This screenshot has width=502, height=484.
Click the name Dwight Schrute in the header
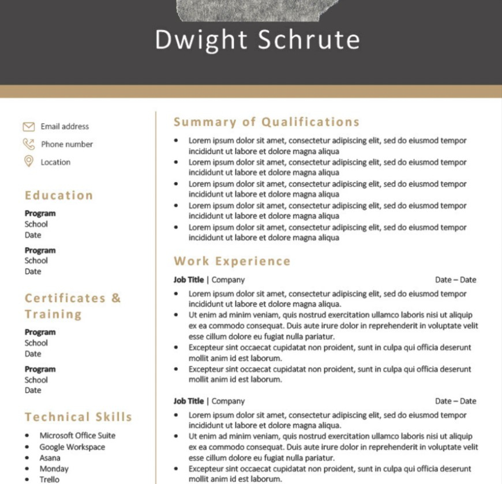(x=257, y=40)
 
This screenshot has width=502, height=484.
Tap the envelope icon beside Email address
(x=28, y=126)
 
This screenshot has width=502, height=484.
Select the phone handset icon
(x=28, y=144)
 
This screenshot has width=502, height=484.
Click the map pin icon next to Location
(x=28, y=161)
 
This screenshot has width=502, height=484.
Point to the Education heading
(x=59, y=195)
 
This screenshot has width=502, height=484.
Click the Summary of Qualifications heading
(x=267, y=122)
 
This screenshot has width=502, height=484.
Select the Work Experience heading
(x=232, y=261)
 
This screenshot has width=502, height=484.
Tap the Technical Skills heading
(x=78, y=417)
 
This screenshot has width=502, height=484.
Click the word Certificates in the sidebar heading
(x=65, y=298)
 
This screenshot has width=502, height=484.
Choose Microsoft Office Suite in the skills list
(x=77, y=436)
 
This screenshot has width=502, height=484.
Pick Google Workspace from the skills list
(x=72, y=447)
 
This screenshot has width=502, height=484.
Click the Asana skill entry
(x=50, y=458)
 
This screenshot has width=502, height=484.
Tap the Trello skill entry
(x=49, y=479)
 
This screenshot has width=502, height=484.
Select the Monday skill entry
(x=54, y=468)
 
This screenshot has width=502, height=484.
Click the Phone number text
(x=67, y=144)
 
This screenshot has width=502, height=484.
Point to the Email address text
(x=65, y=126)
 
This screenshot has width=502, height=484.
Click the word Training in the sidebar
(x=53, y=314)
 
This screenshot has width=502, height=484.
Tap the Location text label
(x=55, y=162)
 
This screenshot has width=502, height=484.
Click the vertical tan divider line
(x=156, y=288)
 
